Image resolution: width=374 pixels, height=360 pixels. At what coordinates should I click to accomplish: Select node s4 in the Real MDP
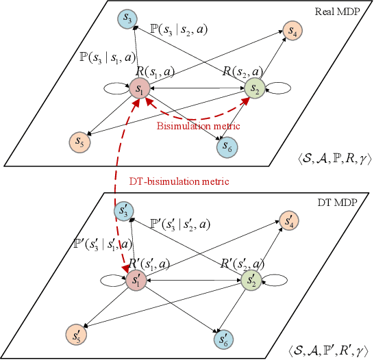point(292,31)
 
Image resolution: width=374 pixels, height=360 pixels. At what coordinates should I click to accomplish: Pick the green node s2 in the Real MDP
point(254,88)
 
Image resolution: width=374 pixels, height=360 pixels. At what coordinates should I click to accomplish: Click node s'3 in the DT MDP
point(125,213)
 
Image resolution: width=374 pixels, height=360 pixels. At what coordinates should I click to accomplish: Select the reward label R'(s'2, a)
point(240,263)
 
